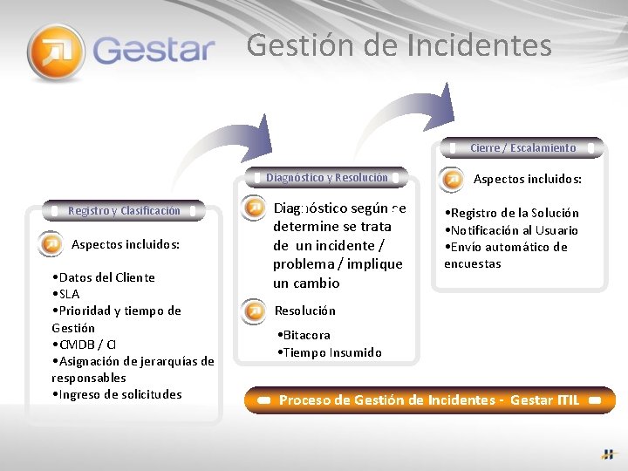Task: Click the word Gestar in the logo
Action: (154, 49)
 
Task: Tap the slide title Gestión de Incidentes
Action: (399, 44)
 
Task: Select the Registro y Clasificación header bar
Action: (124, 210)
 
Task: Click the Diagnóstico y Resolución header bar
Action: (327, 177)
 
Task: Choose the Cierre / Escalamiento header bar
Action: (522, 148)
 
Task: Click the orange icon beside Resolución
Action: (255, 311)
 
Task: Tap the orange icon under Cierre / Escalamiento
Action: (453, 180)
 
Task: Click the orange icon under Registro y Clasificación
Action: (51, 244)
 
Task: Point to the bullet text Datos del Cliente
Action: (103, 277)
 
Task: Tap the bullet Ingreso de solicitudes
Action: (117, 394)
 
